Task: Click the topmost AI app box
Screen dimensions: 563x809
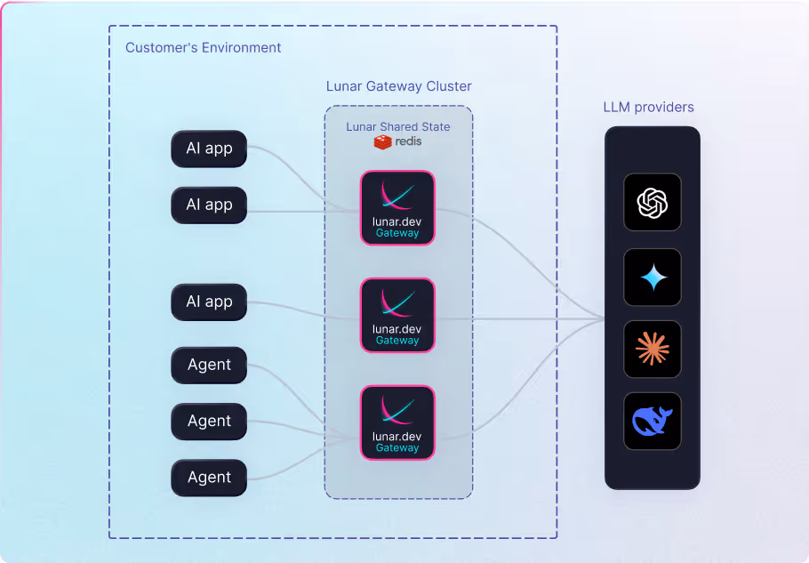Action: tap(209, 149)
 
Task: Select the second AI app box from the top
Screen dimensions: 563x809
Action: tap(209, 205)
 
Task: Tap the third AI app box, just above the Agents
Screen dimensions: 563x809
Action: tap(209, 302)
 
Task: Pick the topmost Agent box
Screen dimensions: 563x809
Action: tap(209, 365)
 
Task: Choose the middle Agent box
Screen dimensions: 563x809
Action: tap(209, 421)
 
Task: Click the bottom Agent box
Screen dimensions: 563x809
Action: tap(209, 478)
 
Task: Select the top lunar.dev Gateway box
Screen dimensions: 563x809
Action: tap(397, 207)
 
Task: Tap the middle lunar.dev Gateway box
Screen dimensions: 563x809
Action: tap(397, 315)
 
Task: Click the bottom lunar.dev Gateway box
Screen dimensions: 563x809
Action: tap(397, 422)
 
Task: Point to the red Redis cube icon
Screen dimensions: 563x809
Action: tap(382, 141)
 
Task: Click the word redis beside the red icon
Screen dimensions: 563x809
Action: tap(409, 141)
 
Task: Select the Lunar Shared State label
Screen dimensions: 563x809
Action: tap(397, 127)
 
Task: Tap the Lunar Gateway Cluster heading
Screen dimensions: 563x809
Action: tap(398, 86)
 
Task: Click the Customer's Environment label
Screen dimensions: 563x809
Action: tap(203, 47)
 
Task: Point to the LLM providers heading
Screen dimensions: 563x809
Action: tap(648, 108)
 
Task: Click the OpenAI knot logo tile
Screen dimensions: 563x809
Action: tap(653, 203)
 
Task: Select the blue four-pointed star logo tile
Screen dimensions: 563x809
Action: tap(653, 277)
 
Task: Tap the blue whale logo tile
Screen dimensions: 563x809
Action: tap(653, 421)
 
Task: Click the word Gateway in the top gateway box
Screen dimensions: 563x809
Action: tap(397, 233)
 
